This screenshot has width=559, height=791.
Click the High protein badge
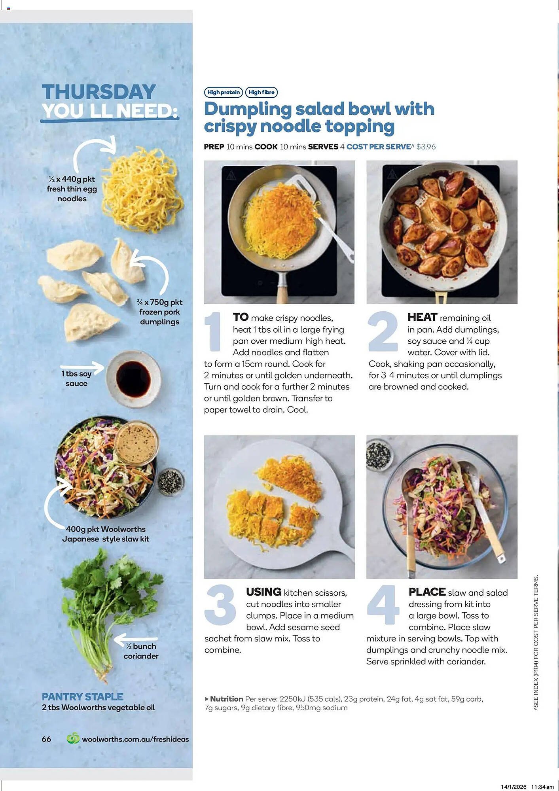point(224,92)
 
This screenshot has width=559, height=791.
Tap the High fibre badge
point(261,92)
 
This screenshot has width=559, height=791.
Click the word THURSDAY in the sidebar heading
point(99,92)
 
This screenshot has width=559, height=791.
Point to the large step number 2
point(383,331)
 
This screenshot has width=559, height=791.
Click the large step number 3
point(221,605)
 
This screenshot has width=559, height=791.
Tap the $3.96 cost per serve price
point(426,147)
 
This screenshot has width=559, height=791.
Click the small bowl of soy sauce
point(133,378)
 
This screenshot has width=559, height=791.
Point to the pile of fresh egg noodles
point(142,190)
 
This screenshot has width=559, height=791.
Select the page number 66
point(46,739)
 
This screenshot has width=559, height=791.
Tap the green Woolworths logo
point(73,738)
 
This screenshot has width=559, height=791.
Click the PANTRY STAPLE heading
point(83,696)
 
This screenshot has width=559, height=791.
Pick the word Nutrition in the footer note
point(226,699)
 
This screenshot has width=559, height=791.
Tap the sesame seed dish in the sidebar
point(171,481)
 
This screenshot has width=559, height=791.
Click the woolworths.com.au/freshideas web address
point(135,739)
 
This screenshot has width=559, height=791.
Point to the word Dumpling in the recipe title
point(248,109)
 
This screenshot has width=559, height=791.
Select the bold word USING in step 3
point(263,592)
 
